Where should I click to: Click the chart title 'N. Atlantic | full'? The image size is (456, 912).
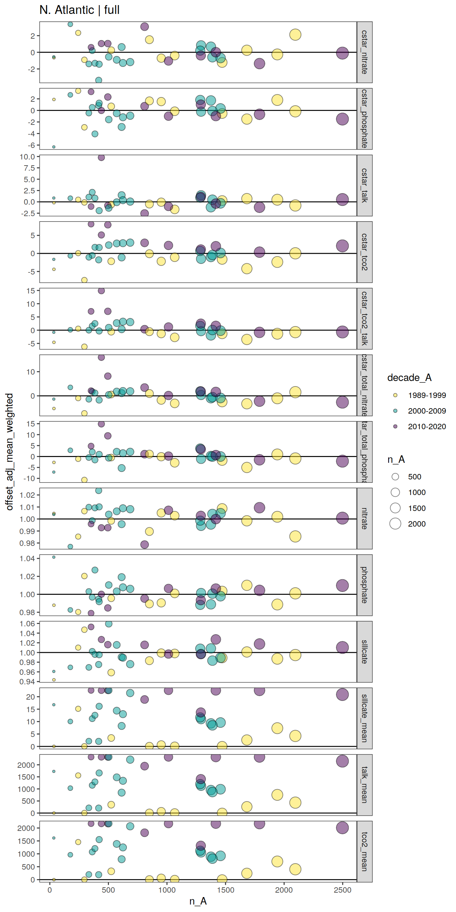pyautogui.click(x=79, y=10)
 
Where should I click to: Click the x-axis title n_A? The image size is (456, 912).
pyautogui.click(x=197, y=901)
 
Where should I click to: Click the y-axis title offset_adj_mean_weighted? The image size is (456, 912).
pyautogui.click(x=9, y=451)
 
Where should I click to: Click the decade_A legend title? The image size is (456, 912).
pyautogui.click(x=409, y=377)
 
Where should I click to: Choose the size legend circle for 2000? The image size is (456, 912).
pyautogui.click(x=395, y=524)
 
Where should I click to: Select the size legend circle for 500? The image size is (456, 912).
pyautogui.click(x=395, y=477)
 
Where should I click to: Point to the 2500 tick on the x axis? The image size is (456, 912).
pyautogui.click(x=342, y=890)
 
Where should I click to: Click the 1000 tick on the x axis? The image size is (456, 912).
pyautogui.click(x=167, y=890)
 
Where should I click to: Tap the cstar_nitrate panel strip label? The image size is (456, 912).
pyautogui.click(x=364, y=52)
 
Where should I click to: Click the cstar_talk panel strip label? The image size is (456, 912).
pyautogui.click(x=364, y=185)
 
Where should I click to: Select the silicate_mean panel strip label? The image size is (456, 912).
pyautogui.click(x=364, y=718)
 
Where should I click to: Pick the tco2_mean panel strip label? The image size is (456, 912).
pyautogui.click(x=364, y=851)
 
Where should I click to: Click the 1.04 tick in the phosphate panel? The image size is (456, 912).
pyautogui.click(x=27, y=559)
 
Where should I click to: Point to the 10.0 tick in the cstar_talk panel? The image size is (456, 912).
pyautogui.click(x=27, y=157)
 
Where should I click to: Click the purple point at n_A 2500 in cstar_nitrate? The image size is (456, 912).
pyautogui.click(x=342, y=53)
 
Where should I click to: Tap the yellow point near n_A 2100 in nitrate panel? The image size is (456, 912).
pyautogui.click(x=295, y=536)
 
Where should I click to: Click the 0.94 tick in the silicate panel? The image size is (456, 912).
pyautogui.click(x=27, y=682)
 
